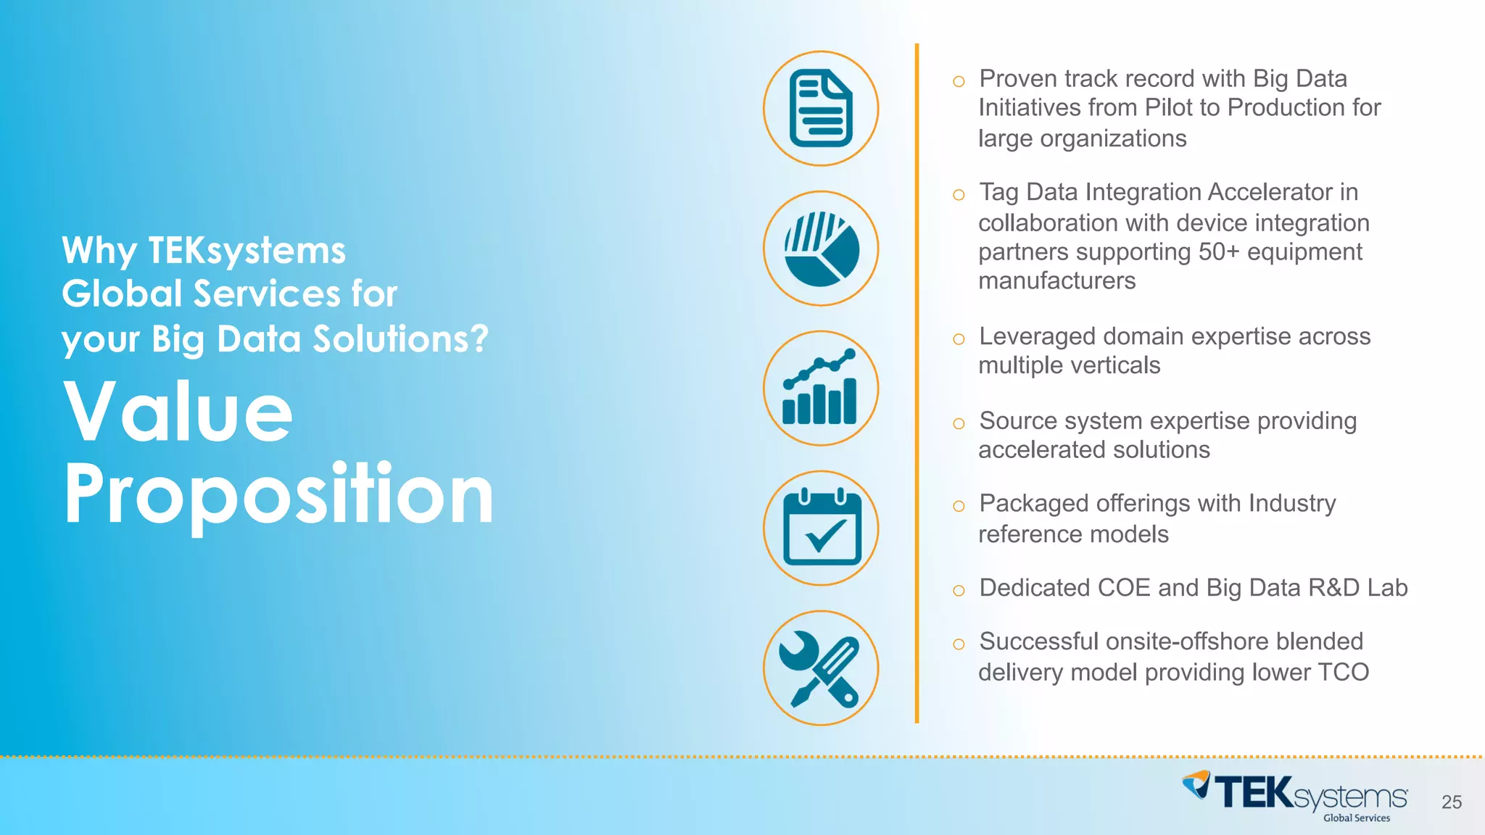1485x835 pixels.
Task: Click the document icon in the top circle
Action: [x=821, y=109]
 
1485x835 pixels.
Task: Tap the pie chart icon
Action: [x=821, y=249]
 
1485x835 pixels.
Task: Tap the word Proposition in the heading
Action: [x=279, y=495]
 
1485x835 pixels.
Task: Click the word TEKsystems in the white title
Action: [x=247, y=251]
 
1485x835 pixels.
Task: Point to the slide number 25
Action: [x=1452, y=802]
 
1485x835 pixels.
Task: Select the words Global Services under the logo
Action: [x=1357, y=818]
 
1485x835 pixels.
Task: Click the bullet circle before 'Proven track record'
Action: [x=959, y=81]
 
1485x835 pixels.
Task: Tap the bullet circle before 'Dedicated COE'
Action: [x=959, y=591]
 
